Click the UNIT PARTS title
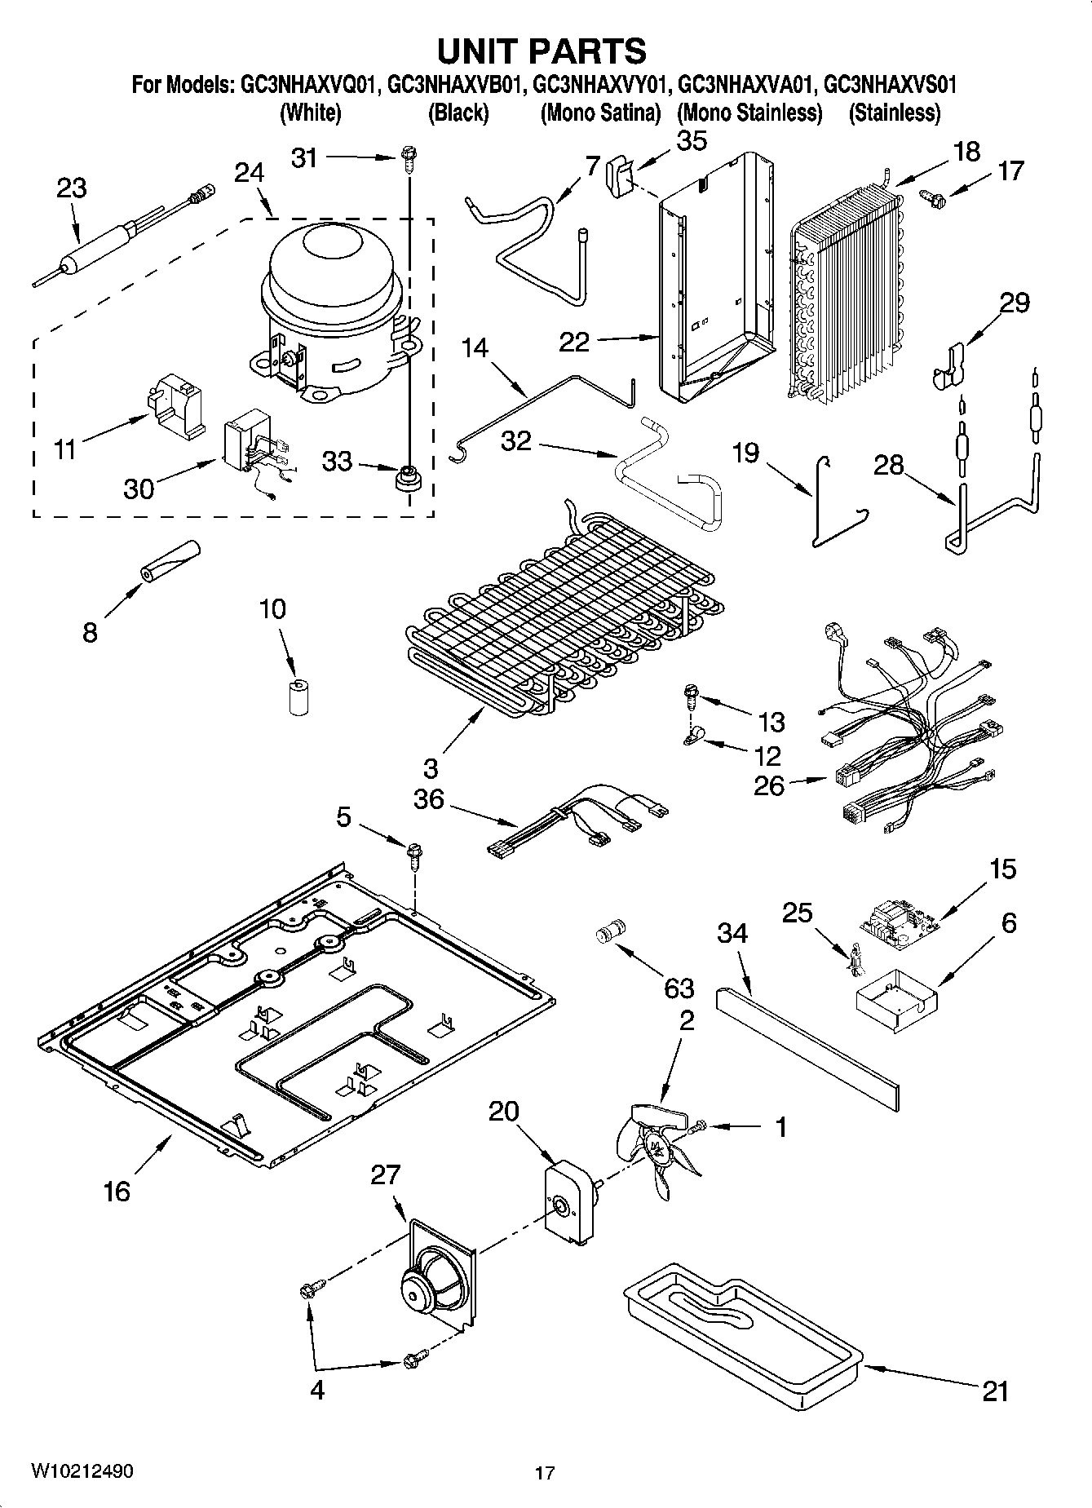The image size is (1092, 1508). pyautogui.click(x=542, y=51)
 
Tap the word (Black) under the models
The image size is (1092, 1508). pyautogui.click(x=458, y=113)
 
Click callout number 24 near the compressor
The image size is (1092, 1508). pyautogui.click(x=249, y=173)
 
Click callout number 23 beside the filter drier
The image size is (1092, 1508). pyautogui.click(x=71, y=188)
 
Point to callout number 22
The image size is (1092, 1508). pyautogui.click(x=573, y=341)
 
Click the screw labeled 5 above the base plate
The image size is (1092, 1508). pyautogui.click(x=415, y=855)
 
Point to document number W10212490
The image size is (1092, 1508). pyautogui.click(x=82, y=1470)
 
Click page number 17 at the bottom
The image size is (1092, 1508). pyautogui.click(x=545, y=1473)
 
